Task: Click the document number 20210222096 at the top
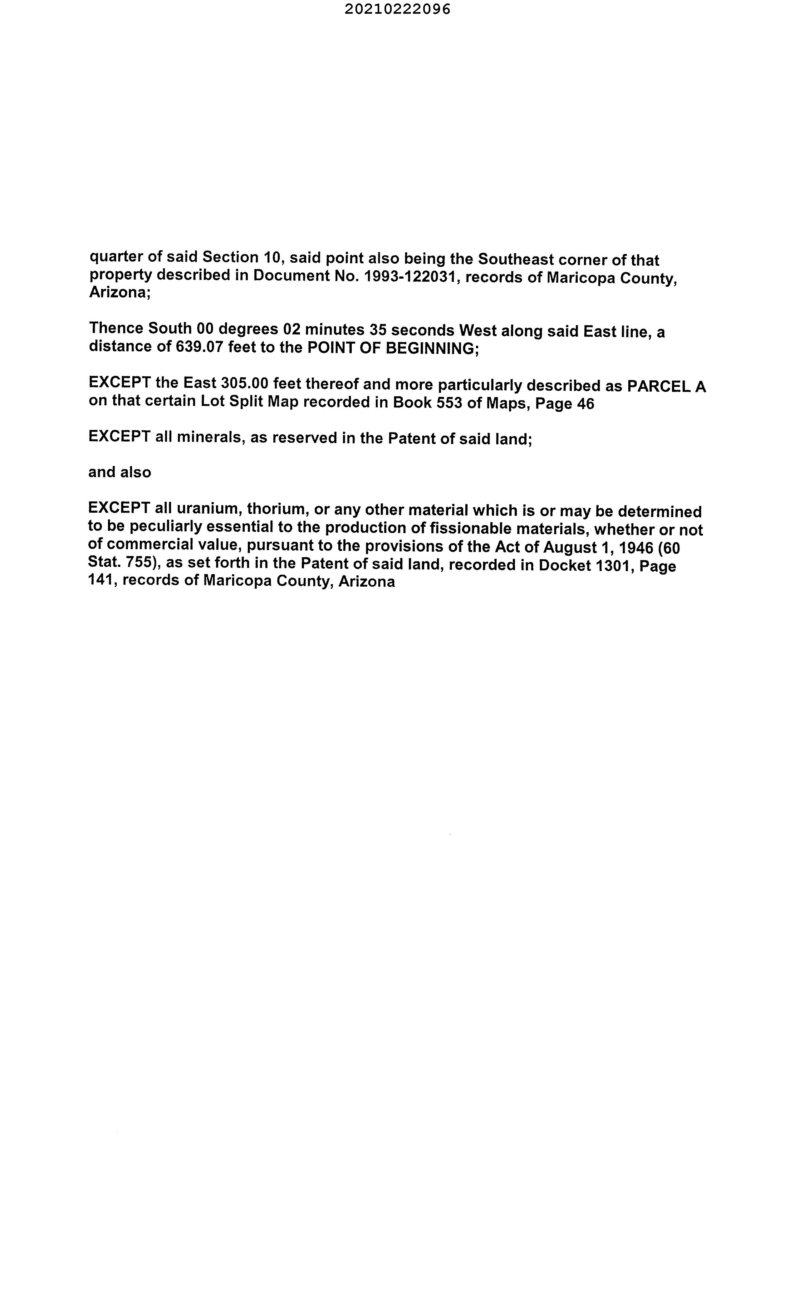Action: [397, 9]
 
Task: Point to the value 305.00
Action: [243, 383]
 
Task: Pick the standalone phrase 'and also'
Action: [120, 472]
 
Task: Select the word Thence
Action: [116, 328]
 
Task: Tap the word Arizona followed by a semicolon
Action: [120, 293]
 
